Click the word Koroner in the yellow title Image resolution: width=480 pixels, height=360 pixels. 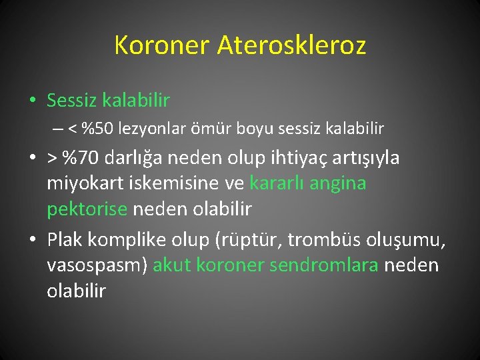[x=161, y=45]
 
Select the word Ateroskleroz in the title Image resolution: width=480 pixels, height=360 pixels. [x=291, y=45]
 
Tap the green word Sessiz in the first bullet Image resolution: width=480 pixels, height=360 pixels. [x=72, y=101]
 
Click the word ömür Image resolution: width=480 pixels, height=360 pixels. [x=209, y=127]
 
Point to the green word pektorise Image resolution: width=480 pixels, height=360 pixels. [x=87, y=209]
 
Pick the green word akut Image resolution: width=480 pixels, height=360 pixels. [x=173, y=266]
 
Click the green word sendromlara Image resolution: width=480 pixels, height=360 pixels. [x=323, y=266]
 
